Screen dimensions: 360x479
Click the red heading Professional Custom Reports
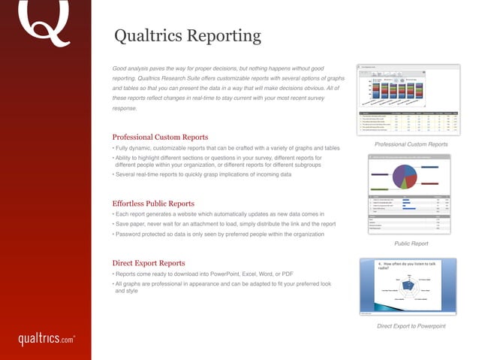coord(159,138)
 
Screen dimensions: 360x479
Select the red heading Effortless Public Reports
coord(153,204)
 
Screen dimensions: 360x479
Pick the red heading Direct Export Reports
coord(148,263)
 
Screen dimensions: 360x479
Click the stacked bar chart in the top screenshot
coord(405,89)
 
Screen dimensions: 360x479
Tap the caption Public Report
coord(411,244)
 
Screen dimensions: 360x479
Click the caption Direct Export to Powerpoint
coord(411,326)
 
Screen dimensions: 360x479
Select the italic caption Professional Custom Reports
coord(411,144)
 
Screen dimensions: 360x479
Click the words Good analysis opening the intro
coord(132,68)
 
